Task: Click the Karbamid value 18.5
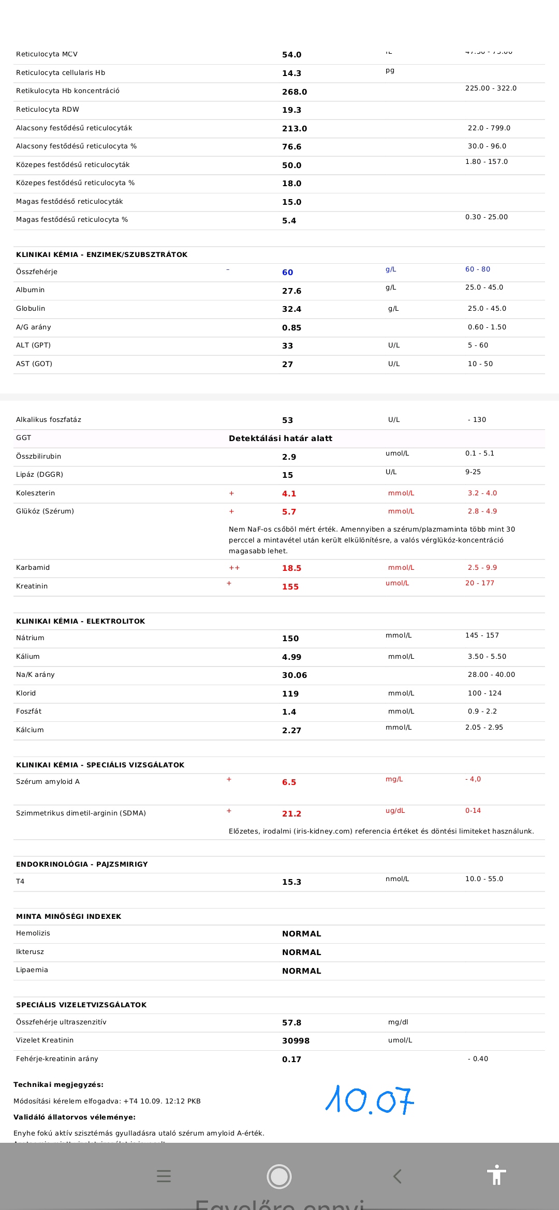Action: (x=291, y=568)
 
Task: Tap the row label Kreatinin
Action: (x=32, y=586)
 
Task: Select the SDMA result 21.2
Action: (x=291, y=813)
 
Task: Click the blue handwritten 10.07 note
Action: (x=370, y=1099)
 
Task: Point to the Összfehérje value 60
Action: (x=287, y=272)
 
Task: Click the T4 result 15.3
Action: (x=291, y=882)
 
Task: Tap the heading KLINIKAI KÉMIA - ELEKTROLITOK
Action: (x=80, y=621)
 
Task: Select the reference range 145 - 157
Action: (x=482, y=635)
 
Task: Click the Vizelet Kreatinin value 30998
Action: (x=296, y=1040)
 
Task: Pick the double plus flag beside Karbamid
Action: (x=234, y=568)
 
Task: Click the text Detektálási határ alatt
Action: (x=281, y=438)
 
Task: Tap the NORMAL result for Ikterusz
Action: (x=301, y=952)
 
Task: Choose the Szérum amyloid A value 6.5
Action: (x=289, y=782)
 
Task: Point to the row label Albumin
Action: (x=30, y=290)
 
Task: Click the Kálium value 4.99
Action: (x=291, y=657)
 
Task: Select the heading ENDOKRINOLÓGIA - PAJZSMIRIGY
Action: (x=82, y=864)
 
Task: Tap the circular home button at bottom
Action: (x=279, y=1176)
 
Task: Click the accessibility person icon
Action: (x=496, y=1175)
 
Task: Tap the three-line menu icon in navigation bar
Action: (x=164, y=1176)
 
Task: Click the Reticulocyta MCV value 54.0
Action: (x=291, y=54)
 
